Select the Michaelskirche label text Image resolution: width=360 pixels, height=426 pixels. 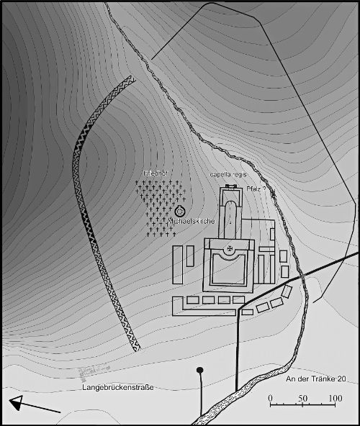[x=191, y=221]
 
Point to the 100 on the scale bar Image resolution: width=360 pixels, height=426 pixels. [x=335, y=397]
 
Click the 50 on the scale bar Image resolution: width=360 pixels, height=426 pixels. [x=303, y=397]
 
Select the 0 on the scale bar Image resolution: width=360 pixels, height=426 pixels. [x=271, y=397]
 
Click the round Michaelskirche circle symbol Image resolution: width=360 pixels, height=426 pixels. [x=179, y=211]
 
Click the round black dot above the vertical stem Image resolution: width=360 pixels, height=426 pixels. [x=200, y=371]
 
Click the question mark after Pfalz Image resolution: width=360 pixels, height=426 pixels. [x=264, y=188]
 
